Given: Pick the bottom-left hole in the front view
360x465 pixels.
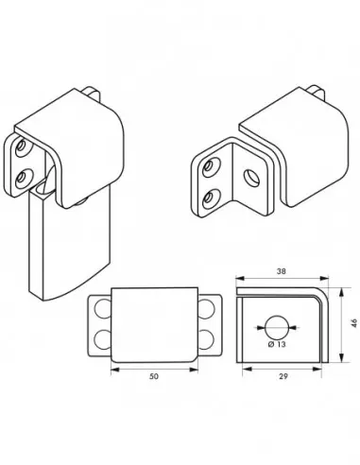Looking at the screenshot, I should (100, 339).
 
